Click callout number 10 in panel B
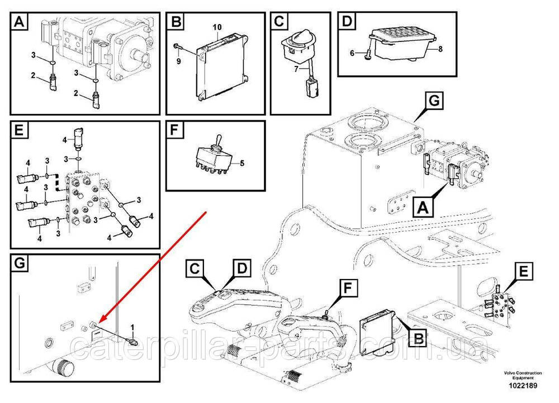point(217,26)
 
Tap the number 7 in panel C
point(296,69)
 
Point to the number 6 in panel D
point(352,53)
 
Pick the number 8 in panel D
point(440,49)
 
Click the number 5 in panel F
point(242,164)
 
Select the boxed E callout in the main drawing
point(523,272)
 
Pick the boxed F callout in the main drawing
point(347,289)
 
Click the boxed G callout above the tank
point(434,101)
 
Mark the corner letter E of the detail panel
point(19,130)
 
